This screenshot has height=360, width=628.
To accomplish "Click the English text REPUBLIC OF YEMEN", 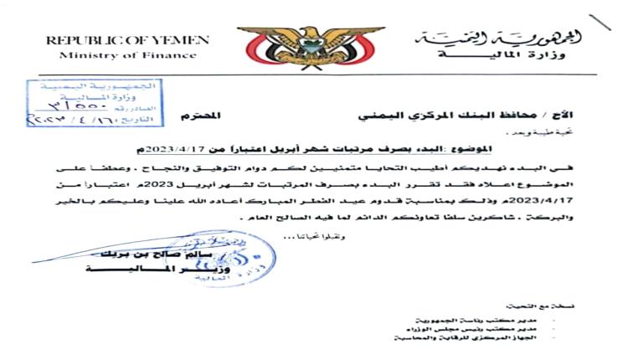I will coord(128,40).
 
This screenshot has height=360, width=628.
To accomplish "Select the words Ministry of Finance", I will coord(128,55).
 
